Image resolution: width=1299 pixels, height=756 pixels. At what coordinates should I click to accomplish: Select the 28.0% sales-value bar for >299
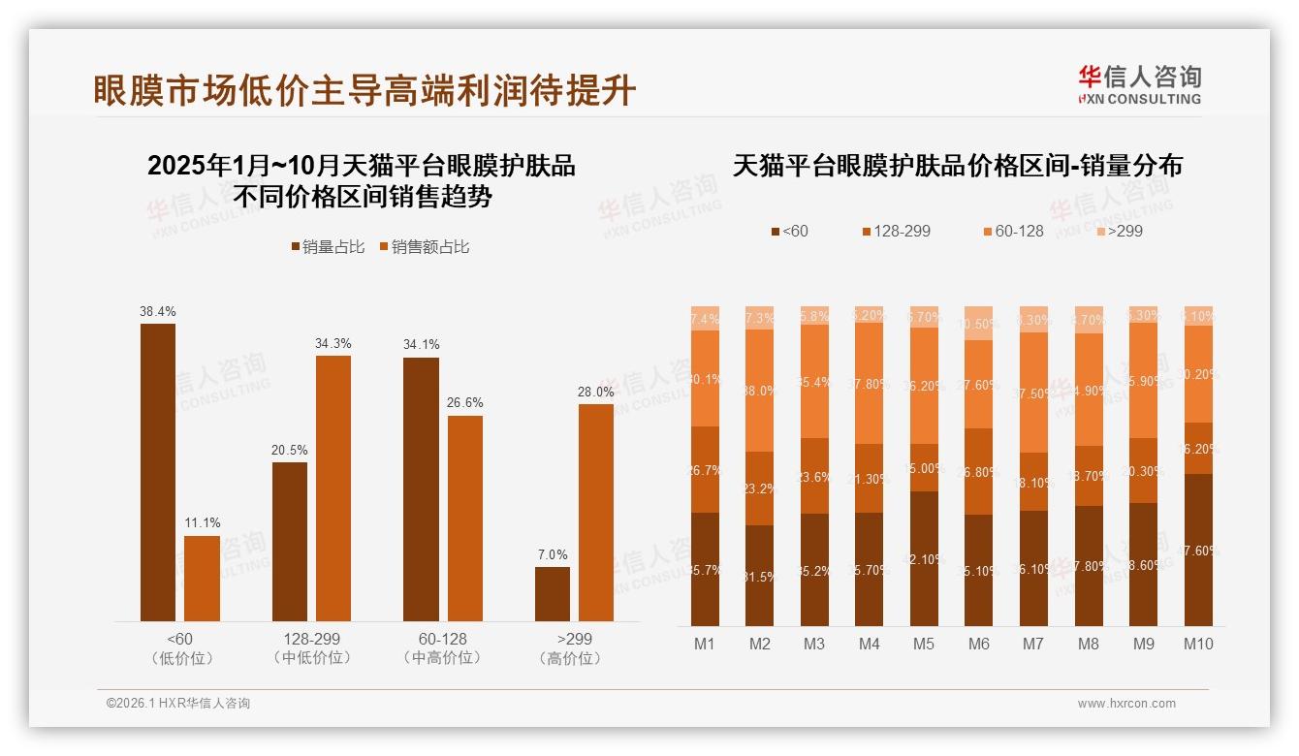point(596,513)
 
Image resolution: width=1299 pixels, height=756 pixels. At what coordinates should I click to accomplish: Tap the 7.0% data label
point(553,555)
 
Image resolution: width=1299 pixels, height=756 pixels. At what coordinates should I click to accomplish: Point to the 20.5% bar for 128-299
point(290,542)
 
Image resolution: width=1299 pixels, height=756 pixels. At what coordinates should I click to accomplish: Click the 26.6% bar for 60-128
point(465,519)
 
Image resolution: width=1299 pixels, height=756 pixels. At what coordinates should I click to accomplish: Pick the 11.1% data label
point(202,523)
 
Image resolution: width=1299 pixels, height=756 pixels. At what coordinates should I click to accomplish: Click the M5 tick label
point(924,644)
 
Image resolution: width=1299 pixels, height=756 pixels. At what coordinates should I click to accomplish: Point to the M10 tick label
point(1198,644)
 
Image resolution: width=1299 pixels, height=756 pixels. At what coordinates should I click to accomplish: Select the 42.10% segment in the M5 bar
point(924,558)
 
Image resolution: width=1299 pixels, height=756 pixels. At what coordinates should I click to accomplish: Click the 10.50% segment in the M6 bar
point(979,324)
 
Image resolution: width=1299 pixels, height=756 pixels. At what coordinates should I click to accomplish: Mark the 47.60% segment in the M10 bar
point(1198,550)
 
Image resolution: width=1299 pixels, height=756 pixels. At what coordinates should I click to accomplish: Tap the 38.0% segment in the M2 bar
point(760,391)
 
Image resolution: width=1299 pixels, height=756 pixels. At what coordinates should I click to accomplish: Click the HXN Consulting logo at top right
point(1139,85)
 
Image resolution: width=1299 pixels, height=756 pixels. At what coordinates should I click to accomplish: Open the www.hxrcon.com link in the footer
point(1126,704)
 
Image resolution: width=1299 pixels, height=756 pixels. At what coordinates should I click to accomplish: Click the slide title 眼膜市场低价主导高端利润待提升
point(364,90)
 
